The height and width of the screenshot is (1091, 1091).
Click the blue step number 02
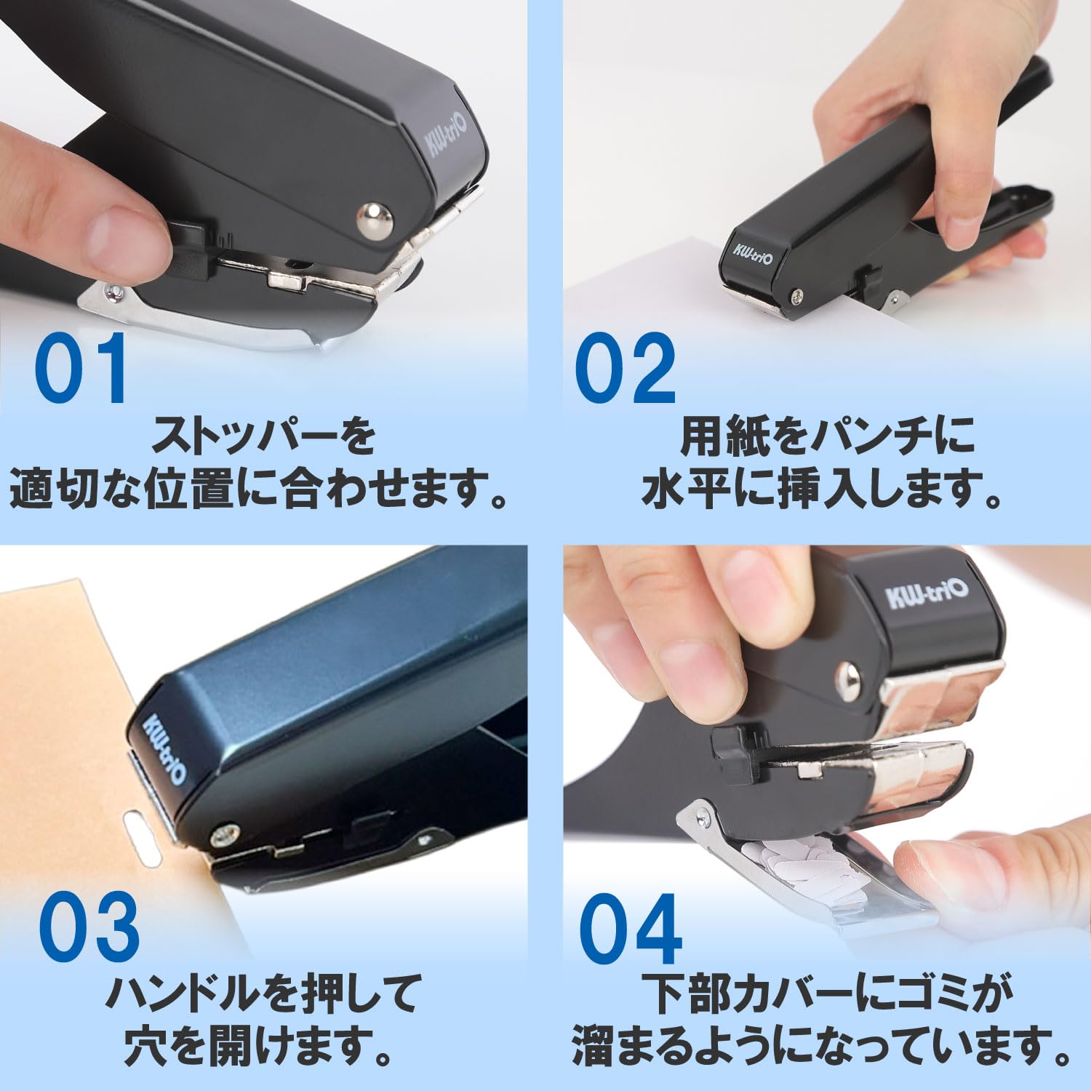tap(626, 369)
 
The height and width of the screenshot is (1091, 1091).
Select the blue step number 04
tap(631, 929)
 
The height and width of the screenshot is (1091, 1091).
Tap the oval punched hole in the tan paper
tap(143, 840)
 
